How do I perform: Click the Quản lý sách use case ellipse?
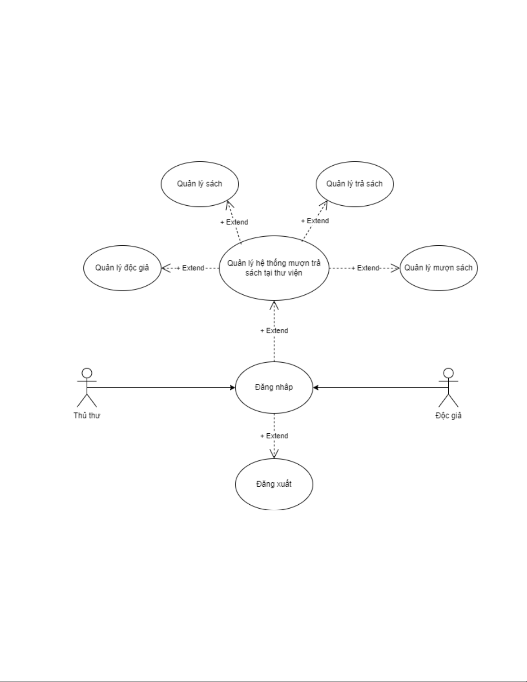[x=200, y=184]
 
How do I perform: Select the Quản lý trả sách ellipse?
[x=354, y=184]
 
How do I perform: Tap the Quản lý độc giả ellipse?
[x=122, y=268]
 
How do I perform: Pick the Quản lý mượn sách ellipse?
[x=438, y=268]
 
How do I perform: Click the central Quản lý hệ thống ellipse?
[x=274, y=268]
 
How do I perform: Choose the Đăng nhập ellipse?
[x=274, y=388]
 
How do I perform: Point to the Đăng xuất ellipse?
[x=274, y=484]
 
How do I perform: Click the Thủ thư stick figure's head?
[x=87, y=373]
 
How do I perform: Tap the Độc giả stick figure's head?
[x=448, y=373]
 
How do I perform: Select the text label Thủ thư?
[x=87, y=416]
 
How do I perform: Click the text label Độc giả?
[x=448, y=416]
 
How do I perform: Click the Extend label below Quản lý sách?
[x=234, y=222]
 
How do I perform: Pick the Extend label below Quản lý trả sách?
[x=315, y=221]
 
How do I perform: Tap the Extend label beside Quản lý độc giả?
[x=191, y=268]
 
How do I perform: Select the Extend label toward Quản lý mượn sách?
[x=365, y=268]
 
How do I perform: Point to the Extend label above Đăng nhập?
[x=274, y=331]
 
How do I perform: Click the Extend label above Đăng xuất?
[x=274, y=436]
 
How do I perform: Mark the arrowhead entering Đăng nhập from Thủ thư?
[x=233, y=388]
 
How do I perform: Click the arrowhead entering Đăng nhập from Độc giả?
[x=316, y=388]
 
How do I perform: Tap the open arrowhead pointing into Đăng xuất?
[x=274, y=454]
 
